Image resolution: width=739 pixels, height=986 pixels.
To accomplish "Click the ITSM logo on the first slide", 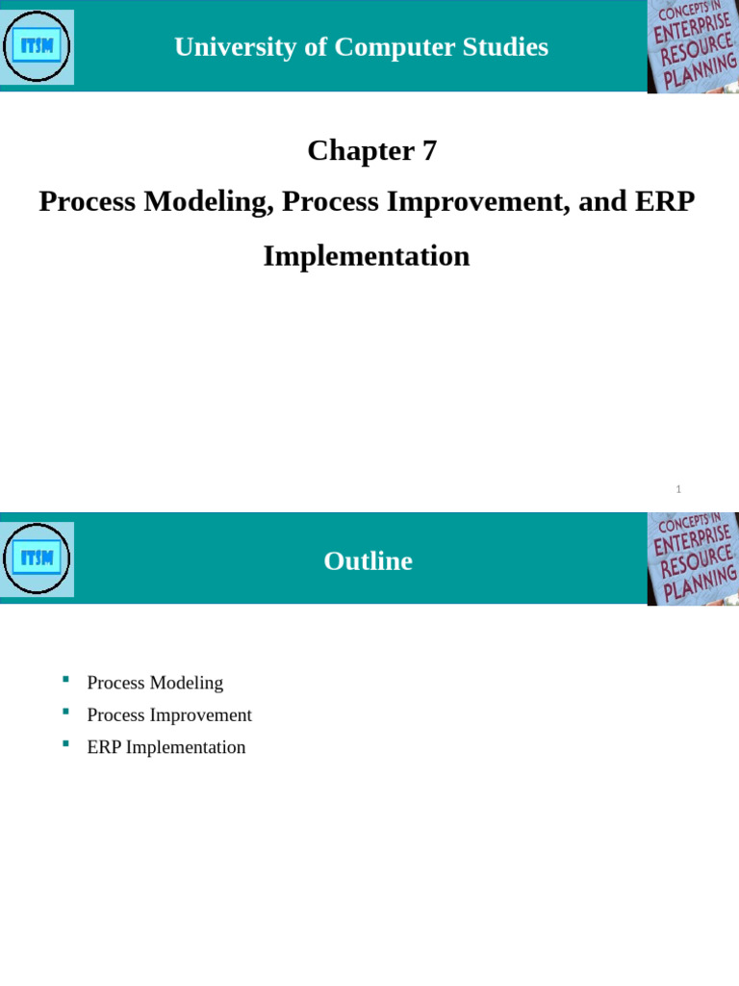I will click(37, 46).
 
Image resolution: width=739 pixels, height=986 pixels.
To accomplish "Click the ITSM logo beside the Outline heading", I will click(37, 558).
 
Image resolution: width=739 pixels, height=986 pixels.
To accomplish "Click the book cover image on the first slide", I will click(693, 46).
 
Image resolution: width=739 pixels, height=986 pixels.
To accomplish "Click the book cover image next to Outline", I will click(693, 558).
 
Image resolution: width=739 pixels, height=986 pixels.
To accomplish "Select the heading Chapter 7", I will click(371, 150).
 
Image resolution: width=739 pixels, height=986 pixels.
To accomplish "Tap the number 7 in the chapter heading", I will click(429, 150).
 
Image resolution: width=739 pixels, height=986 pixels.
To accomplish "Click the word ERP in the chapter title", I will click(664, 202).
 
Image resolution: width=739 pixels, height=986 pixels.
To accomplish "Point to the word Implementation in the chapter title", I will click(367, 256).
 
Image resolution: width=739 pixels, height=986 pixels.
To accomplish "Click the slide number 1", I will click(678, 489).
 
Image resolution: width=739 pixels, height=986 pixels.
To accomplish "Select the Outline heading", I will click(368, 560).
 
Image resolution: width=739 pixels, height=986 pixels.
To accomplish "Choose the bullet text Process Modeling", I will click(155, 683).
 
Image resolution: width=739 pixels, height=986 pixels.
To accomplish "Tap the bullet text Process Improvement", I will click(169, 714).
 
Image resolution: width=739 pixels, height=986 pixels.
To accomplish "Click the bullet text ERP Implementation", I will click(166, 747).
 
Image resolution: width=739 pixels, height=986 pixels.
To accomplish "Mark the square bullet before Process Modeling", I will click(65, 680).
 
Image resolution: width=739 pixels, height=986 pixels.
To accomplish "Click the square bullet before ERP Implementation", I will click(65, 743).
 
